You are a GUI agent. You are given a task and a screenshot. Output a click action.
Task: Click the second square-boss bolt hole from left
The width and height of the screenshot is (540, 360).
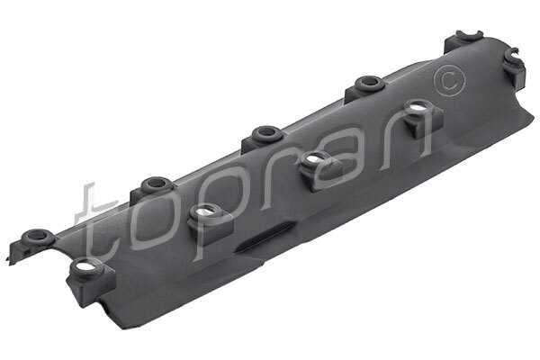205,211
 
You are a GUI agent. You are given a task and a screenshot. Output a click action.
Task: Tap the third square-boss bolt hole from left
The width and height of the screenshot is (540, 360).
314,159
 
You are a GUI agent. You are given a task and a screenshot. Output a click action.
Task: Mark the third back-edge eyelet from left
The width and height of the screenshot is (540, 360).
265,133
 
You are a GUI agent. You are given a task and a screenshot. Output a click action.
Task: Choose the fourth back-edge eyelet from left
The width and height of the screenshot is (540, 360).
367,83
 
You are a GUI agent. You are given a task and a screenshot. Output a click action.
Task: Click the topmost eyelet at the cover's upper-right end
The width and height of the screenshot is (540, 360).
463,38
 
